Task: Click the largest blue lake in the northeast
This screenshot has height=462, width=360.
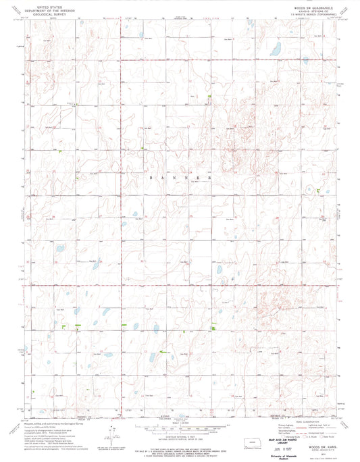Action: tap(275, 49)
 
